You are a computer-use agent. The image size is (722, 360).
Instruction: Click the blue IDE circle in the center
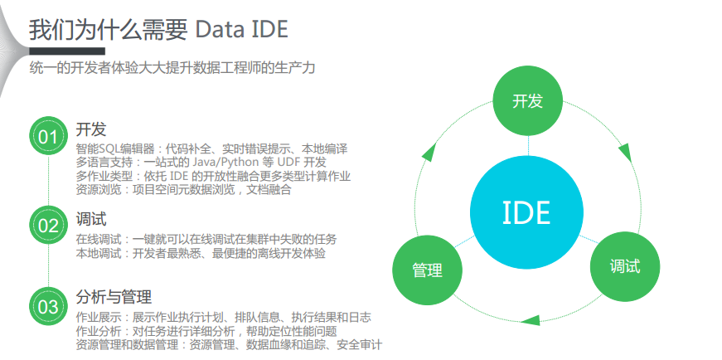point(526,212)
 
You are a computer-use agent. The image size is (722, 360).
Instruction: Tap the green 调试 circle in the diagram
point(625,266)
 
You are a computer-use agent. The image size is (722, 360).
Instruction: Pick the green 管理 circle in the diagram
point(427,270)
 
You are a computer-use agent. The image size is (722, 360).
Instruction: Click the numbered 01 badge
point(48,136)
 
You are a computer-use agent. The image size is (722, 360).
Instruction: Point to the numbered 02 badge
point(48,226)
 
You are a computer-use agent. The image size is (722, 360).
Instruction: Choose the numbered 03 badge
point(48,307)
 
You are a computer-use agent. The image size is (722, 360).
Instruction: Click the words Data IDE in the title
point(242,30)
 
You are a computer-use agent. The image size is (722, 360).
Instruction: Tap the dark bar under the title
point(67,51)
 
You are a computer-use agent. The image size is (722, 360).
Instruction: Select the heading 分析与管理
point(114,296)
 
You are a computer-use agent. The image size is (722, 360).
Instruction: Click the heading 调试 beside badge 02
point(91,218)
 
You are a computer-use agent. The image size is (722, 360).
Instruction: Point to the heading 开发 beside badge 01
point(91,129)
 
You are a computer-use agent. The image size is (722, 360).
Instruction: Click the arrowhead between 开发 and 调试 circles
point(624,152)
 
